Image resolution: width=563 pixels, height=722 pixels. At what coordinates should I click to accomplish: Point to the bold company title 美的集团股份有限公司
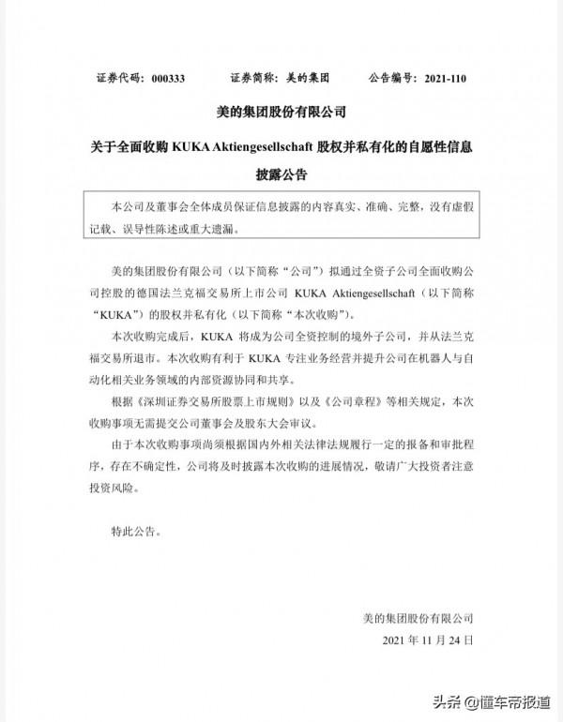point(281,113)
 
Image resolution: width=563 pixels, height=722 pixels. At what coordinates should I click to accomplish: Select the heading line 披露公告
point(281,174)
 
